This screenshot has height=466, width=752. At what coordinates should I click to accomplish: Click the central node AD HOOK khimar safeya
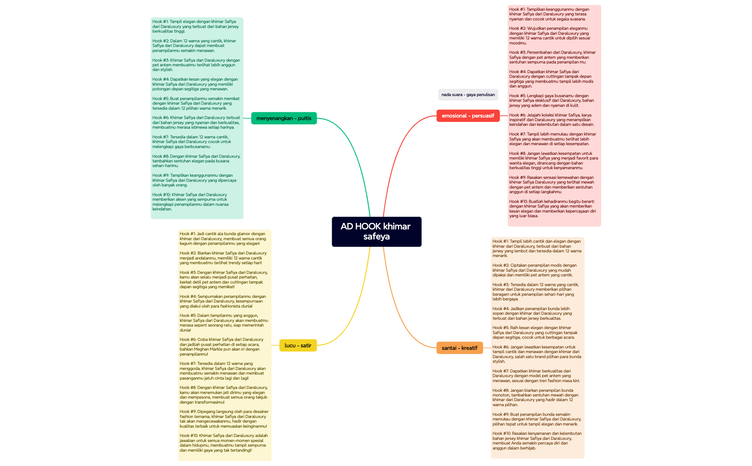pyautogui.click(x=377, y=232)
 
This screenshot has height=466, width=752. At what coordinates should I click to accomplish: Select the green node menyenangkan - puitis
pyautogui.click(x=284, y=118)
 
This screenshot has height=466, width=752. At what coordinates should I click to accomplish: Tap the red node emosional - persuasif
pyautogui.click(x=468, y=116)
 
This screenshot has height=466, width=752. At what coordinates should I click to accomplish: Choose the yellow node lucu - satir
pyautogui.click(x=298, y=346)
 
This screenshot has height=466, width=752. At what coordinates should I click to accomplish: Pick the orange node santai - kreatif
pyautogui.click(x=460, y=348)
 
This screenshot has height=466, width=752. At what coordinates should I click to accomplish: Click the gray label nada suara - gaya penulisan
pyautogui.click(x=468, y=95)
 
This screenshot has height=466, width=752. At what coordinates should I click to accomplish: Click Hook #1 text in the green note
pyautogui.click(x=195, y=27)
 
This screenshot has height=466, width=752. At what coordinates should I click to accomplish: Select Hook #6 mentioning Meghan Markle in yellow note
pyautogui.click(x=221, y=347)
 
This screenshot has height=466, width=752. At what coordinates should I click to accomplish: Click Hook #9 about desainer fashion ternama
pyautogui.click(x=224, y=419)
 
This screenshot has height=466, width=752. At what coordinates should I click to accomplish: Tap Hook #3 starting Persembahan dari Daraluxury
pyautogui.click(x=552, y=57)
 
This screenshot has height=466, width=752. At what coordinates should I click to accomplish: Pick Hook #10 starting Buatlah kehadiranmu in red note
pyautogui.click(x=552, y=209)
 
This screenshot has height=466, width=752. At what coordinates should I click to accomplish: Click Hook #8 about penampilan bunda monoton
pyautogui.click(x=535, y=398)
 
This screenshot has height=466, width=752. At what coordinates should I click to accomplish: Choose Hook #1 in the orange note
pyautogui.click(x=537, y=248)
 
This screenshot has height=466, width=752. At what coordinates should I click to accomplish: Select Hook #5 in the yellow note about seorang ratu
pyautogui.click(x=224, y=323)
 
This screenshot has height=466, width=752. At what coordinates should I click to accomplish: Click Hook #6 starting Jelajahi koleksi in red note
pyautogui.click(x=552, y=120)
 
